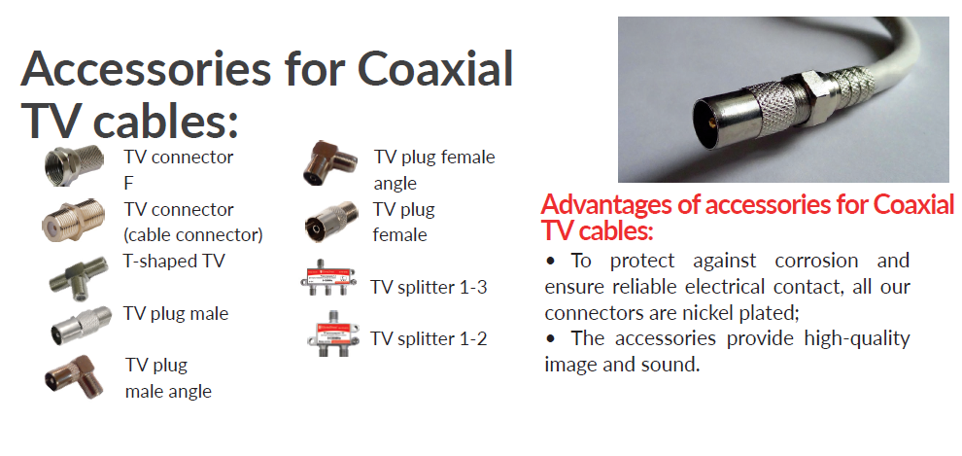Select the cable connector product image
[x=70, y=220]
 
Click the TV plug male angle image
[x=71, y=375]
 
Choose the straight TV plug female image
[x=331, y=222]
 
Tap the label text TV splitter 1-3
[x=429, y=287]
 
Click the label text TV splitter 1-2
[x=429, y=338]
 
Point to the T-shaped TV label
[x=174, y=262]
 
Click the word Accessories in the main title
[x=146, y=68]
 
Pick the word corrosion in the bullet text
[x=816, y=261]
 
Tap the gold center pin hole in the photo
[x=711, y=122]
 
